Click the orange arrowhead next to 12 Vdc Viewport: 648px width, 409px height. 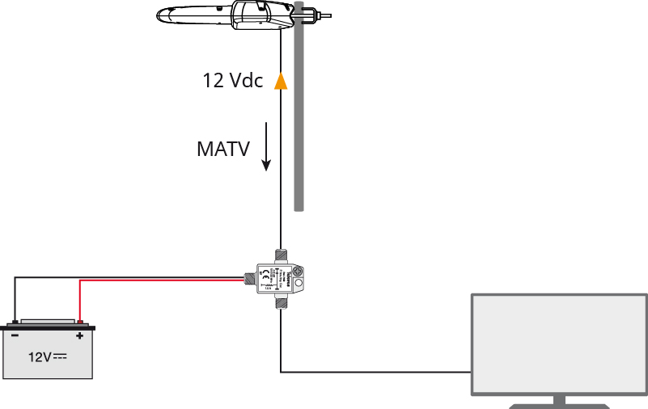point(280,81)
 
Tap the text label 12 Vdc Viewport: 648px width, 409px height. point(232,81)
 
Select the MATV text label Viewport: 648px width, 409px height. point(223,149)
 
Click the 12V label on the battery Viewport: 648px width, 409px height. point(47,356)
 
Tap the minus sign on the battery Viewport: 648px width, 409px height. point(15,335)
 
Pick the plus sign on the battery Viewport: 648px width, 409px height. point(79,335)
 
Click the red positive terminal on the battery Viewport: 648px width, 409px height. point(79,323)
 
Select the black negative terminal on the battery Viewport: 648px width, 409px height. point(15,323)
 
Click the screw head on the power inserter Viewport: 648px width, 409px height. point(297,272)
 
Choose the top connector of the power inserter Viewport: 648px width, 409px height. point(280,255)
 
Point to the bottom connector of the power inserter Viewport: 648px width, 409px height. point(280,303)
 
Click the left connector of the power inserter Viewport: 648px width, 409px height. point(250,280)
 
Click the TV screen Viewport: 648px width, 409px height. point(559,344)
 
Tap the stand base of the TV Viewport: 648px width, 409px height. point(559,403)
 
